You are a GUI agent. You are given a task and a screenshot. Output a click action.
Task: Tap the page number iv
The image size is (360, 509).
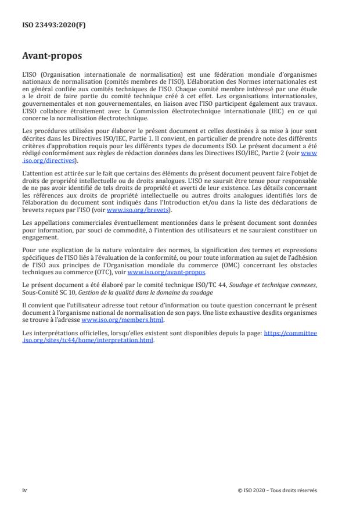tap(24, 490)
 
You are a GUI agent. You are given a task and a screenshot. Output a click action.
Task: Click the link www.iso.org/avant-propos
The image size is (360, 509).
tap(166, 272)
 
